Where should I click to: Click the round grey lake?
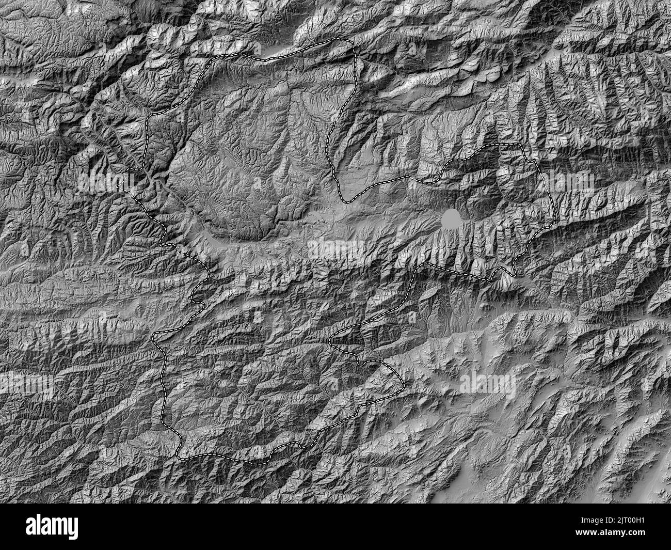(451, 219)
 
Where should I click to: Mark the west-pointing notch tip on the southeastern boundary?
(331, 341)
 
